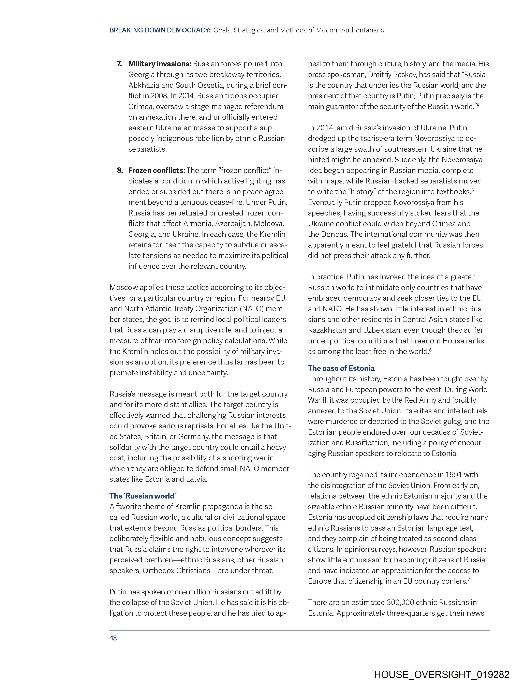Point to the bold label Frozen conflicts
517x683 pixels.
[x=157, y=170]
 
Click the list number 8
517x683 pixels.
[x=120, y=170]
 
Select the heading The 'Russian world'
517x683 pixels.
[x=143, y=496]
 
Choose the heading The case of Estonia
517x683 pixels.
[x=341, y=368]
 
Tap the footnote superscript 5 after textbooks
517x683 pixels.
[x=473, y=190]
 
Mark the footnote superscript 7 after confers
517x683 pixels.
[x=469, y=580]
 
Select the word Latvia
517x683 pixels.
[x=197, y=479]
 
